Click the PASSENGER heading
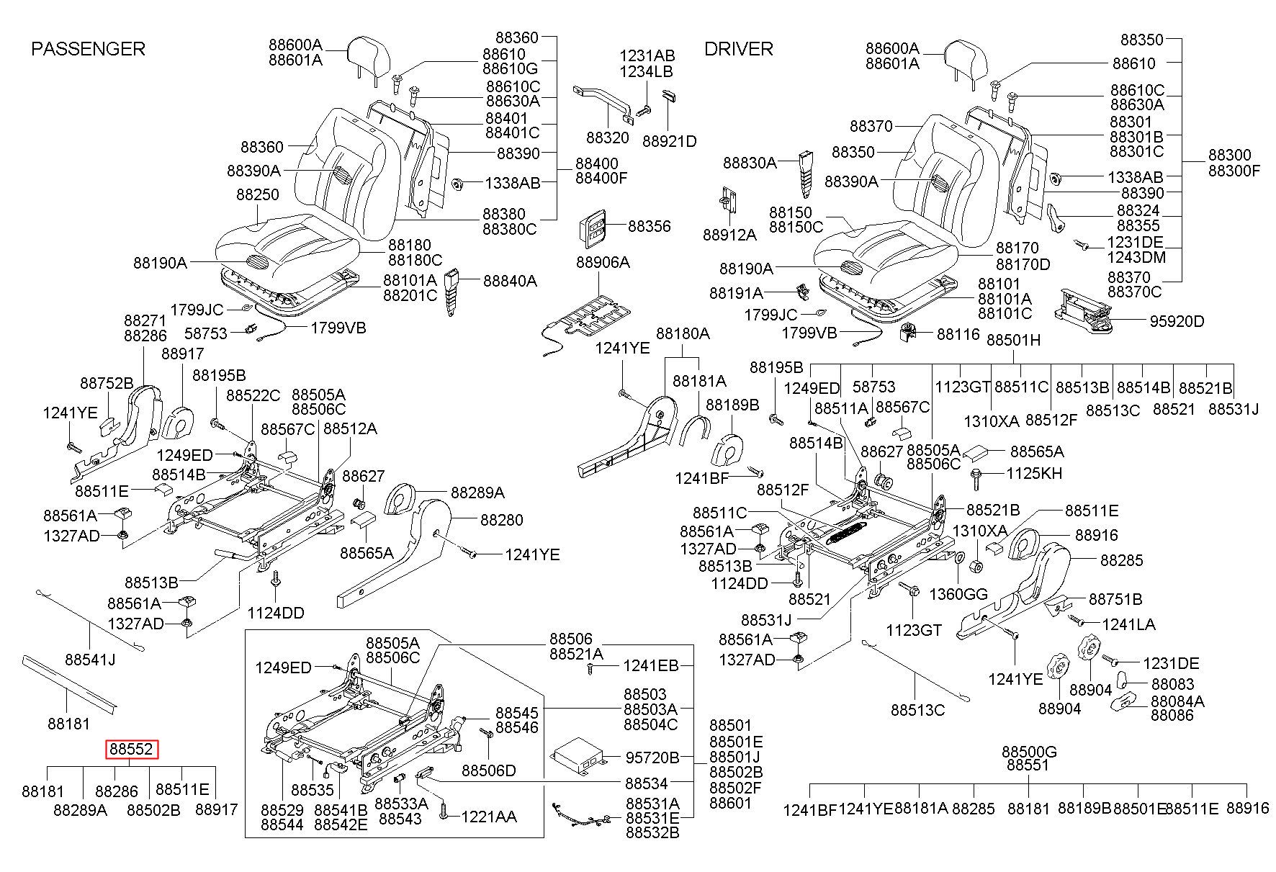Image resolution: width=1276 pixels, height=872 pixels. point(88,49)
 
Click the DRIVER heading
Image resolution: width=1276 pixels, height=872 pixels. point(738,49)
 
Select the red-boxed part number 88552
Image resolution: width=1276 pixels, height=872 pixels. point(132,750)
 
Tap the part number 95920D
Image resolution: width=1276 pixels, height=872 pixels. point(1176,321)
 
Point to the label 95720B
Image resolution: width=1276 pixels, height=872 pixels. point(652,758)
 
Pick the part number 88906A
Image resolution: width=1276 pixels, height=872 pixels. point(603,263)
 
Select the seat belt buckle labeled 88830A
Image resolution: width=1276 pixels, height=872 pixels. point(805,173)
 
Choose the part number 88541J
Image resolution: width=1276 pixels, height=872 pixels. point(90,660)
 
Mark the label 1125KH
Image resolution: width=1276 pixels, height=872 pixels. point(1033,474)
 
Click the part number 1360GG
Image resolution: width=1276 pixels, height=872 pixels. point(958,594)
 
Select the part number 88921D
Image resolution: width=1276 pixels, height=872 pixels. point(670,141)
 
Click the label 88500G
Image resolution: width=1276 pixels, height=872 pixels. point(1029,752)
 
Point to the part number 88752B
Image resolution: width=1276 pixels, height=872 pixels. point(107,383)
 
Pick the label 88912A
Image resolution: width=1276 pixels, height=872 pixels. point(730,235)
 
